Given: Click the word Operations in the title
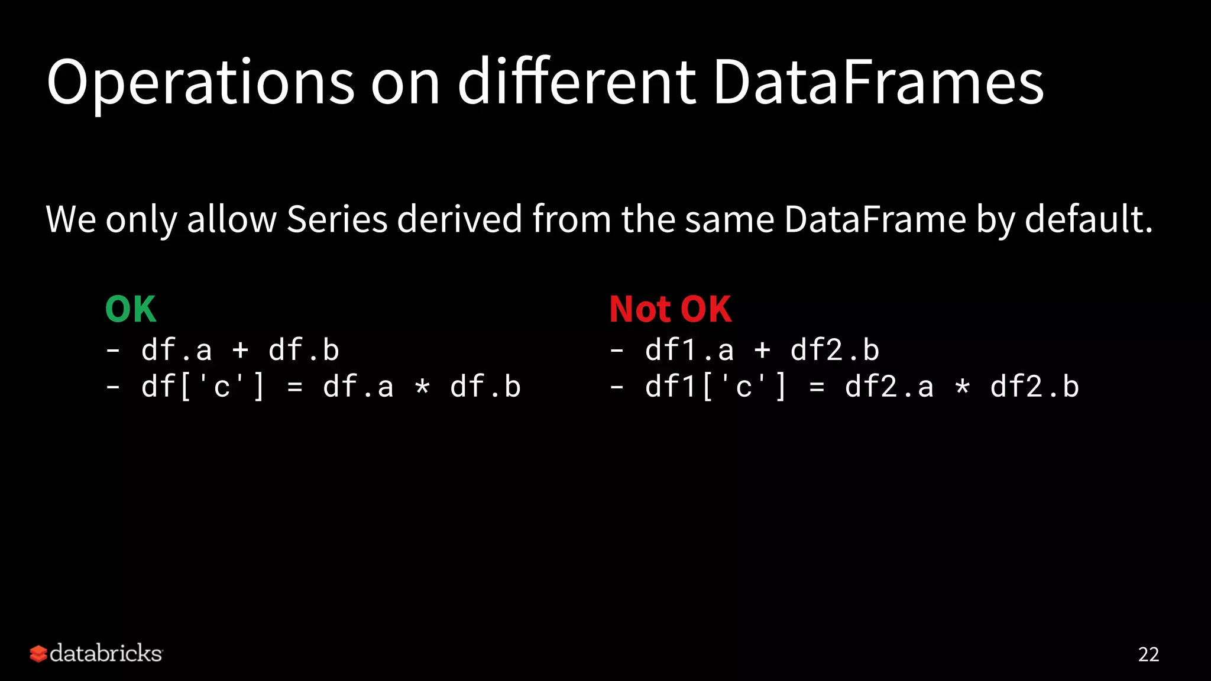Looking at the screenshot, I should (x=200, y=83).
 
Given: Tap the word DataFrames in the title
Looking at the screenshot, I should (x=878, y=83).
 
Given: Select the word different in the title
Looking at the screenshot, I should (x=577, y=83).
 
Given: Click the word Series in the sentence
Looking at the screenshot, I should (x=337, y=219).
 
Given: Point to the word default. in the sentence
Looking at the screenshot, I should (x=1089, y=219).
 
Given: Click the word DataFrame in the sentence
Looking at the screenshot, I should (x=875, y=219).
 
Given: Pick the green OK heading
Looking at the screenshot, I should (x=131, y=309).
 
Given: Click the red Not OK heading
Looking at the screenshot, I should (x=670, y=309).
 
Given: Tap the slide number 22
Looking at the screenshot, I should (x=1148, y=654).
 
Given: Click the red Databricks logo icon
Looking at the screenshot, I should (x=38, y=654).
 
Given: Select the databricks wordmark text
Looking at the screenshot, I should (x=106, y=653).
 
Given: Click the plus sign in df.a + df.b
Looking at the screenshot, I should (x=240, y=351).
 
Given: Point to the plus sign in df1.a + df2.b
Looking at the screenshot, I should (x=763, y=351).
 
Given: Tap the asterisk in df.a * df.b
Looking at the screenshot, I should (x=422, y=388).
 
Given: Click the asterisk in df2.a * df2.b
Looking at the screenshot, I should (x=963, y=388).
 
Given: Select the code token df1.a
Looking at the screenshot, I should (x=689, y=351).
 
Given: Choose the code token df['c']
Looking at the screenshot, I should (x=203, y=388).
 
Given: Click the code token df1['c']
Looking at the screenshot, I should (x=716, y=388).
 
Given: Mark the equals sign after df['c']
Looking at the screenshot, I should (x=294, y=388).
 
